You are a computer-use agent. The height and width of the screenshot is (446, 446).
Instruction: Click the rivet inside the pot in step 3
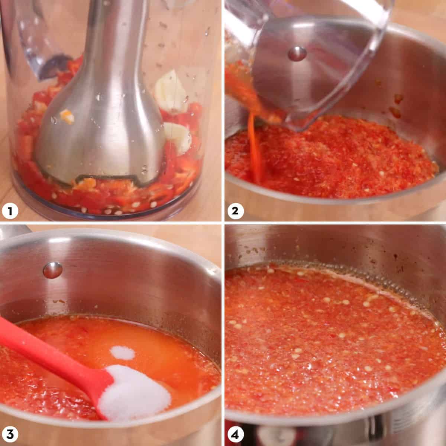tap(52, 270)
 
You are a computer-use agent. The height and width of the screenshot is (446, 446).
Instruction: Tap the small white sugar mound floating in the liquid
tap(124, 352)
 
